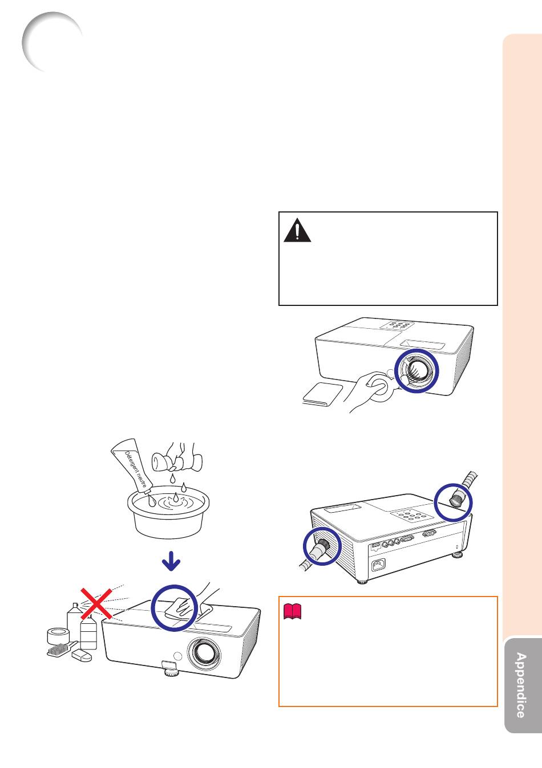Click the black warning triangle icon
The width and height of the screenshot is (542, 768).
[x=297, y=230]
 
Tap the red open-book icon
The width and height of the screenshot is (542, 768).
[x=293, y=612]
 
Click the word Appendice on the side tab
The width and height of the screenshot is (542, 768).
[x=521, y=685]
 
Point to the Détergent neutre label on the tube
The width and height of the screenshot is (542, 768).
[x=136, y=469]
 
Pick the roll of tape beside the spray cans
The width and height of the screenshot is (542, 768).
[x=58, y=636]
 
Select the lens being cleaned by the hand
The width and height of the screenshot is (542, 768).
[x=418, y=371]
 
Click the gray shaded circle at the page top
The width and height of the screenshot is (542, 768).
[x=52, y=42]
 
